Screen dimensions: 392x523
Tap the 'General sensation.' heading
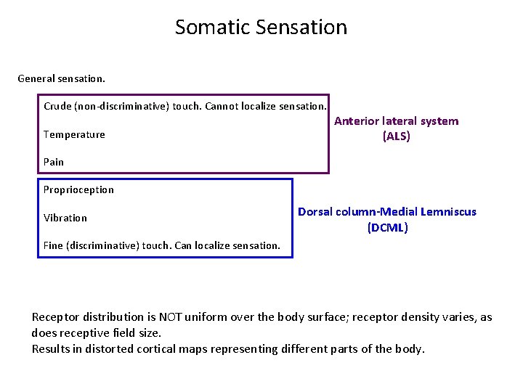[62, 78]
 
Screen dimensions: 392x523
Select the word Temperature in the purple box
[74, 134]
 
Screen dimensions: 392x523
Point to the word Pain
[54, 162]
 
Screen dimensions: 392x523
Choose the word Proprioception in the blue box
[78, 189]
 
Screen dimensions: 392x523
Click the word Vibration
[65, 218]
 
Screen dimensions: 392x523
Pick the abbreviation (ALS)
[397, 136]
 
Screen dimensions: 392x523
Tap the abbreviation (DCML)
[387, 228]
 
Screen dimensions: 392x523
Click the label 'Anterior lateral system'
[397, 121]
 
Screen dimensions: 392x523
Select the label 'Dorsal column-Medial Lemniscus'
[387, 212]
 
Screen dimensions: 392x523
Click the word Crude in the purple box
[57, 106]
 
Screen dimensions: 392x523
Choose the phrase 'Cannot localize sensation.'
[266, 106]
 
